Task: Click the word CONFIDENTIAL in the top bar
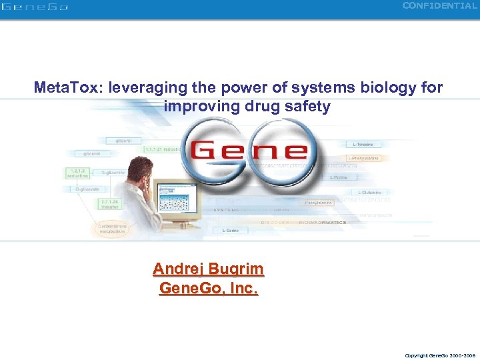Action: [439, 6]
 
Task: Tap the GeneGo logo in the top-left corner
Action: [34, 7]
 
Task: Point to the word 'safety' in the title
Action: [307, 107]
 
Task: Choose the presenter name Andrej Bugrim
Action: [208, 269]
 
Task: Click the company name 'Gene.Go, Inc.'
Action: [208, 288]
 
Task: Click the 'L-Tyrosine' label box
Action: [363, 144]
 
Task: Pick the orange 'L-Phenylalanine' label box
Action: [363, 157]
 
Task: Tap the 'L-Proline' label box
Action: [341, 177]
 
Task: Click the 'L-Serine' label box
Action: [231, 230]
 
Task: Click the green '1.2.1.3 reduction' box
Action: [75, 173]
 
